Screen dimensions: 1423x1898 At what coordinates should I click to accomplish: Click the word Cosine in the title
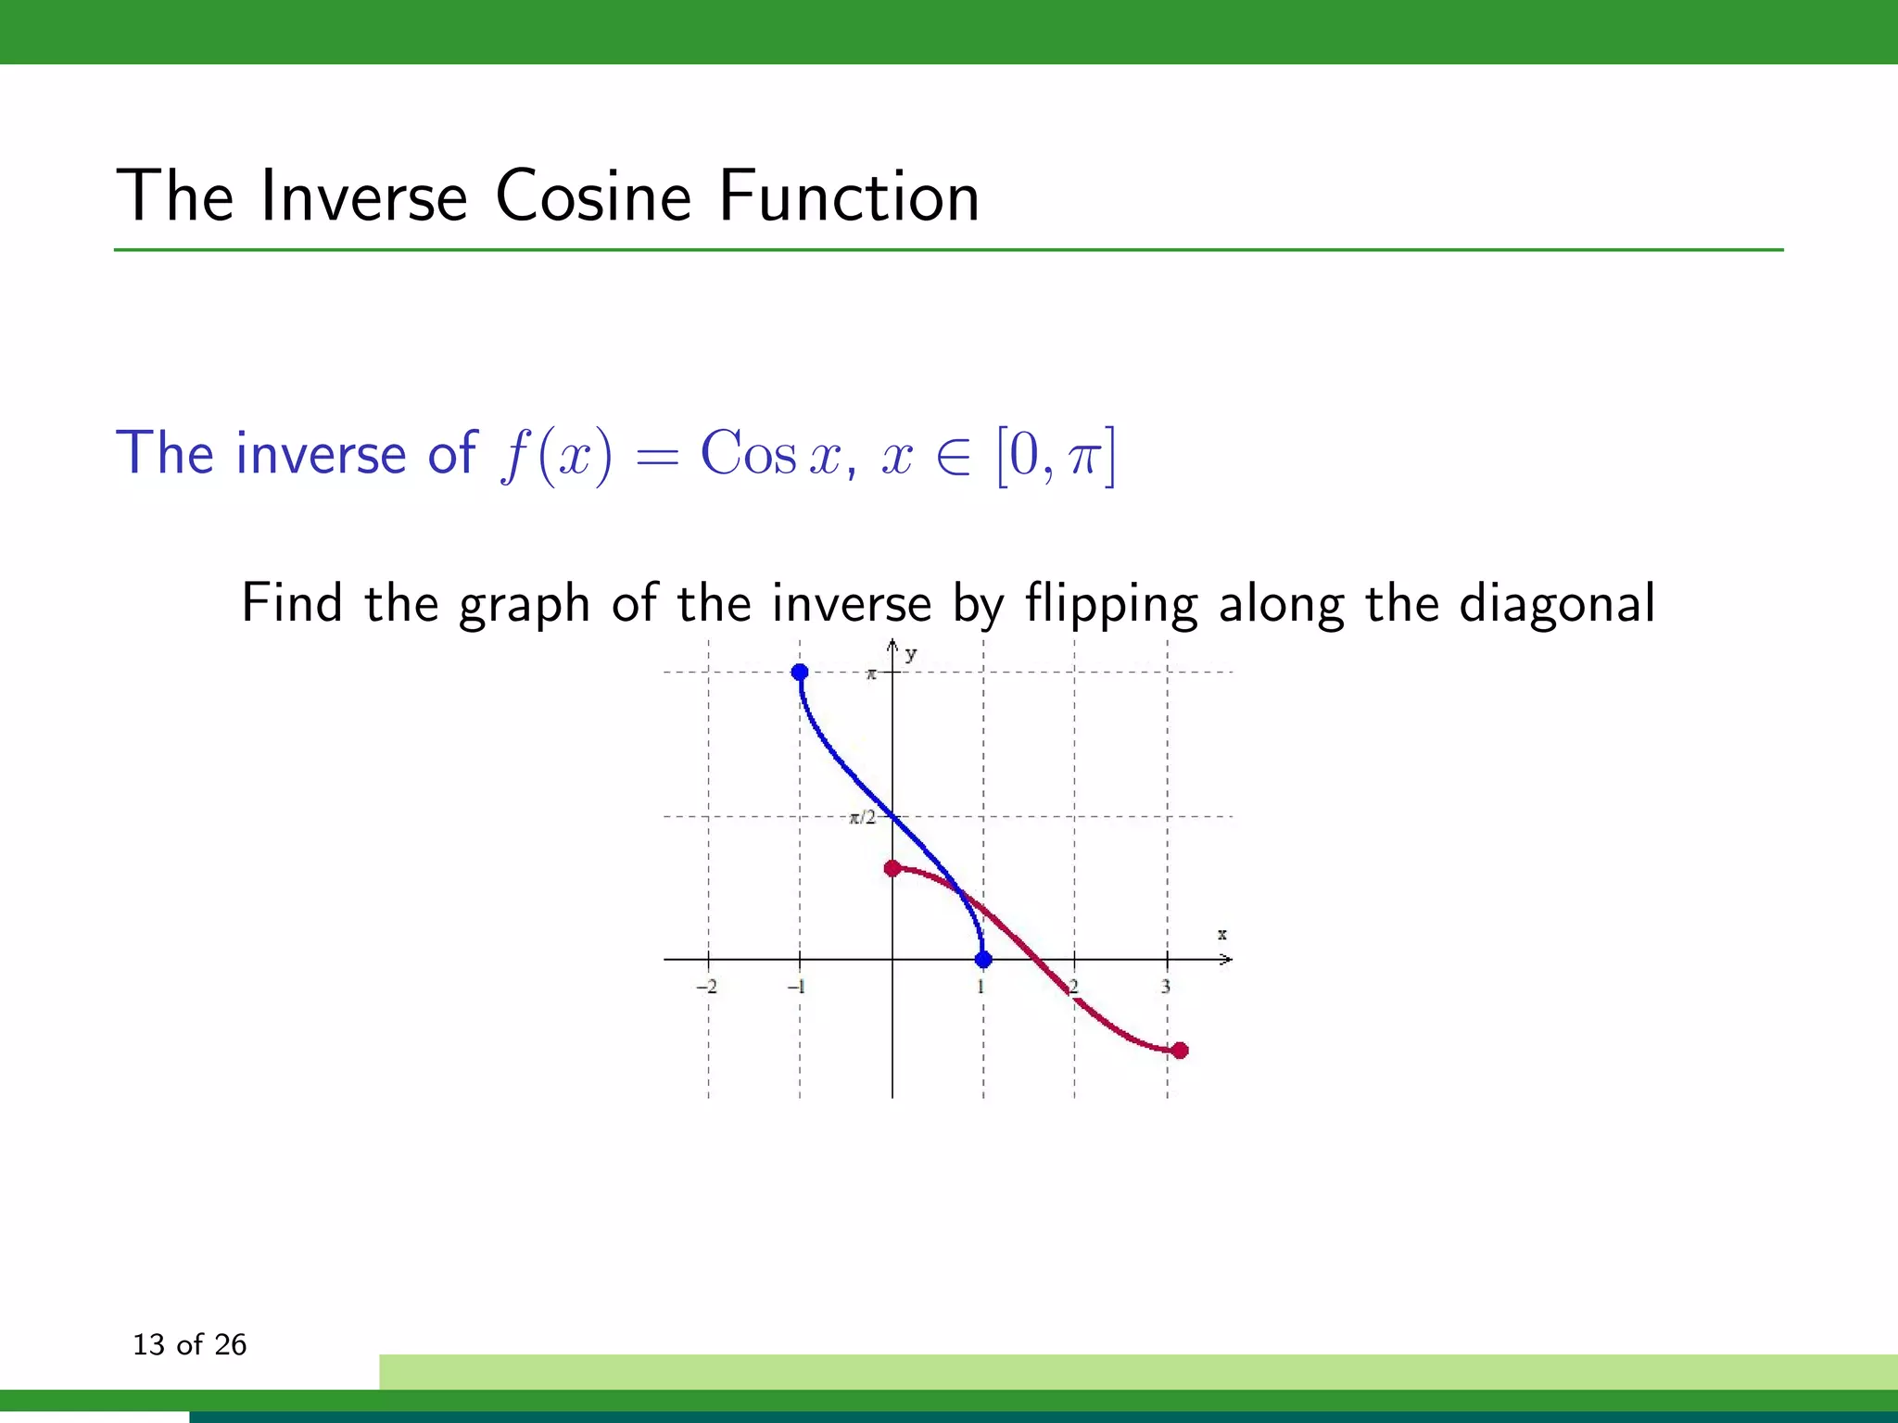pos(593,196)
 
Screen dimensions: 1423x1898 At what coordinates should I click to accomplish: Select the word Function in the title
pos(849,196)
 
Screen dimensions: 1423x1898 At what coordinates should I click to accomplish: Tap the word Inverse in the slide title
pos(363,196)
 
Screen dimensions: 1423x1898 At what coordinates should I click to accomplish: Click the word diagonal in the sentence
pos(1557,604)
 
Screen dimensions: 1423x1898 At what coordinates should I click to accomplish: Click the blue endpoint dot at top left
pos(800,672)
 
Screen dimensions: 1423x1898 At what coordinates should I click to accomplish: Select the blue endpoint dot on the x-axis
pos(983,960)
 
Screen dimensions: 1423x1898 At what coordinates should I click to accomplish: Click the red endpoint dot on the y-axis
pos(892,868)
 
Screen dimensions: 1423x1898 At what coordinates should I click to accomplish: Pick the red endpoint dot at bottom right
pos(1180,1051)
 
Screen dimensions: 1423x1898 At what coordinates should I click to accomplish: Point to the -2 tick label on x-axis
pos(707,987)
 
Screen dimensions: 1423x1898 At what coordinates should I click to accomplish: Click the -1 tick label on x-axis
pos(796,987)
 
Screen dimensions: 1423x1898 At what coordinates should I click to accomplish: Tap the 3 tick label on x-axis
pos(1166,987)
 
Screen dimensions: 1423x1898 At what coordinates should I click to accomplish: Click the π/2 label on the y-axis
pos(863,817)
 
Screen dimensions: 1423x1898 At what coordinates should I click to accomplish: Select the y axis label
pos(911,654)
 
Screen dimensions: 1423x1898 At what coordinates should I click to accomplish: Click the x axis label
pos(1222,935)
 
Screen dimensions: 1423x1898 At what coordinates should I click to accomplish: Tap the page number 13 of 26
pos(190,1344)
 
